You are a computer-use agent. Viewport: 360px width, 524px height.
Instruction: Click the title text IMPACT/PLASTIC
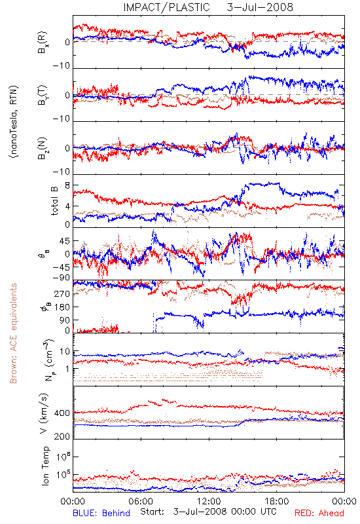click(166, 7)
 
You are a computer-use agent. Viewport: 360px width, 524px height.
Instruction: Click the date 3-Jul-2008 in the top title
click(260, 7)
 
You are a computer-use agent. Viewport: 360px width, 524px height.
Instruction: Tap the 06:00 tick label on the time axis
click(141, 501)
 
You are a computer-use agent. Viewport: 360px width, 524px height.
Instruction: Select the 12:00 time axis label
click(209, 501)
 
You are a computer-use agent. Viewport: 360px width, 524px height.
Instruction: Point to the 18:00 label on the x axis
click(277, 501)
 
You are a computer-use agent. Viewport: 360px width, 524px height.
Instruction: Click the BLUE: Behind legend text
click(101, 514)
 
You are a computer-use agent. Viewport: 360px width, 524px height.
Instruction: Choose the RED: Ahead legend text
click(319, 514)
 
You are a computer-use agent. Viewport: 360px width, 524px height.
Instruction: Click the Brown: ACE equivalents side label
click(13, 333)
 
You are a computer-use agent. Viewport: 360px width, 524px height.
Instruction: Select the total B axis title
click(54, 200)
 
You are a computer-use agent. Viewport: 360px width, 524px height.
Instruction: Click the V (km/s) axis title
click(44, 413)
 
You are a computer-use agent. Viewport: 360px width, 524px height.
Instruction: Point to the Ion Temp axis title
click(45, 466)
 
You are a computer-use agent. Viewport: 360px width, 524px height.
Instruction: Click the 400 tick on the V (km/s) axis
click(62, 413)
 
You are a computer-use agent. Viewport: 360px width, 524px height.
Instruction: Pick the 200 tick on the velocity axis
click(62, 436)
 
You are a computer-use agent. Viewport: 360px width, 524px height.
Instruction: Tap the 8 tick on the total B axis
click(67, 185)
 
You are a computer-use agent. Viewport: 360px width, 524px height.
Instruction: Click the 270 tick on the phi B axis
click(62, 293)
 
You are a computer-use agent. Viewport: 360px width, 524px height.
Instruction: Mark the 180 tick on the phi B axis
click(62, 307)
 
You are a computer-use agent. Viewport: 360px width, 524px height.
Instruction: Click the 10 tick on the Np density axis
click(65, 351)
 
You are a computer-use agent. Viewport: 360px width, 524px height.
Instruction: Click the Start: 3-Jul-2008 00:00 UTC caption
click(208, 512)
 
